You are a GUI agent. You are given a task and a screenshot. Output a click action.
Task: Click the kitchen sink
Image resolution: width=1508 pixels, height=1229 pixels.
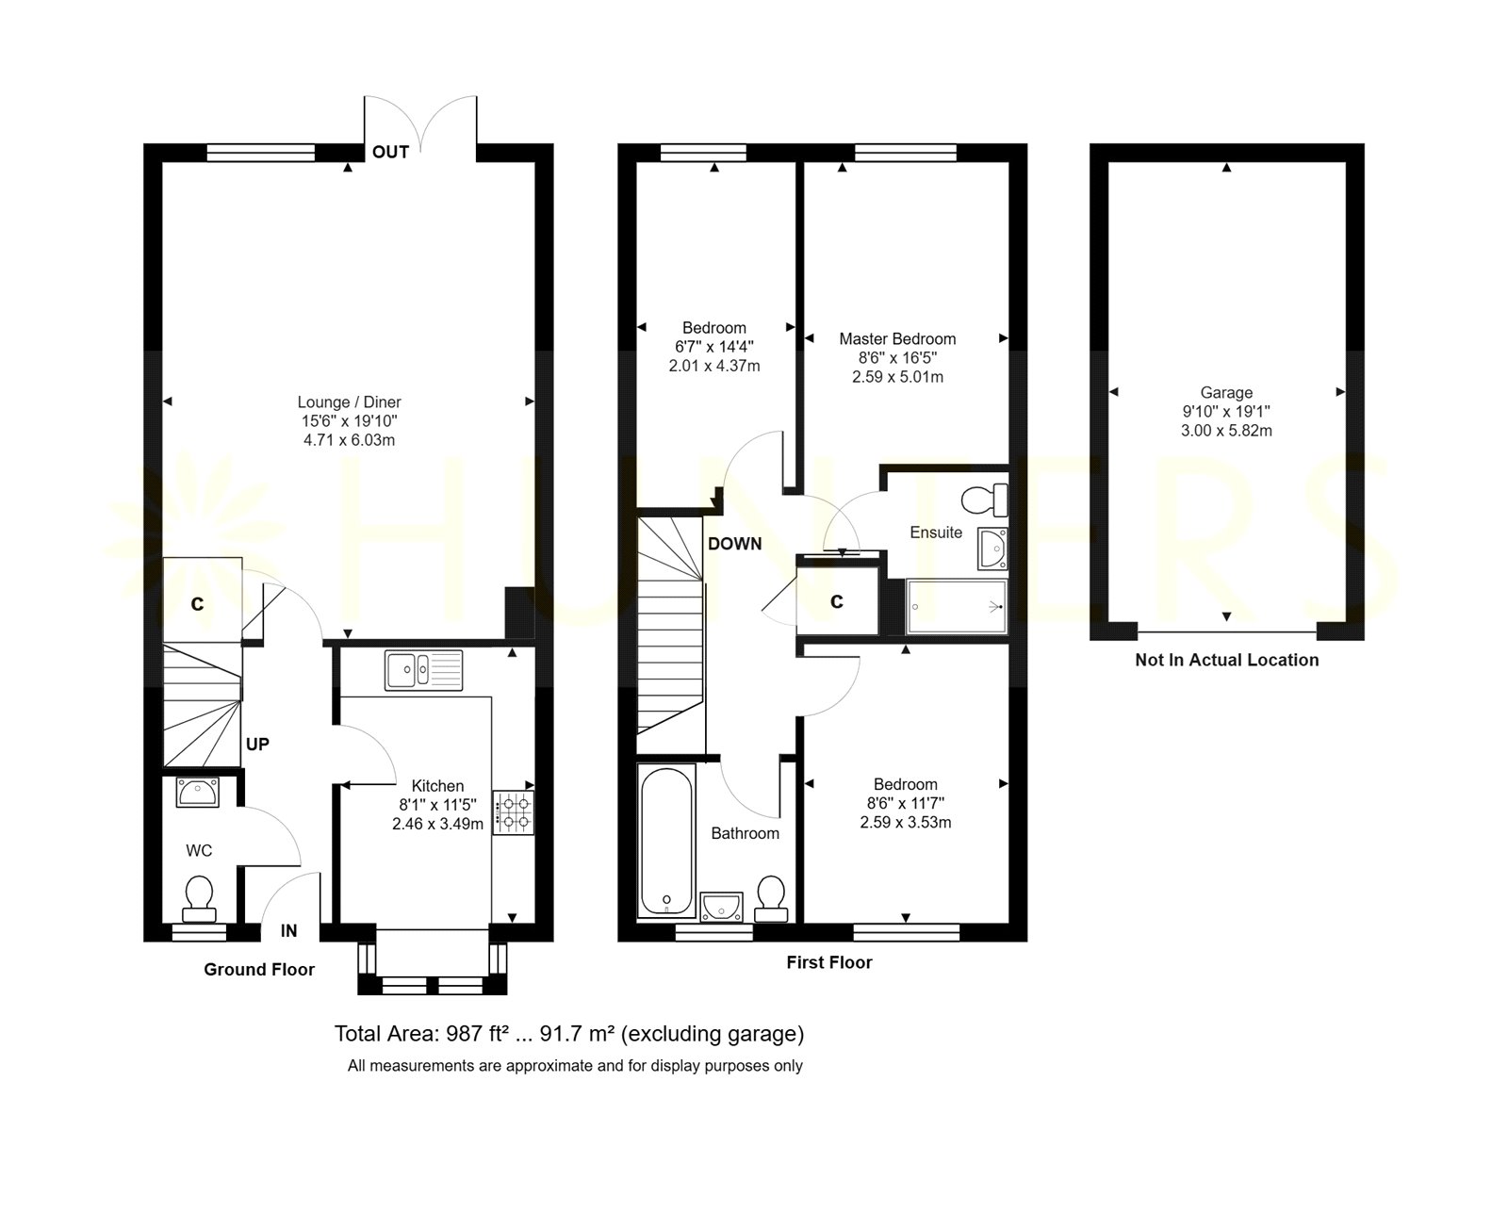pos(423,670)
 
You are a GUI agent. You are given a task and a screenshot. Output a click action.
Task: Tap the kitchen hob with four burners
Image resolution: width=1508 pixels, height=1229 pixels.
pos(514,812)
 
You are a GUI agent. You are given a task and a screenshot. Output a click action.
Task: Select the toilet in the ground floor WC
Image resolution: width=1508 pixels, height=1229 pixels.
pos(199,899)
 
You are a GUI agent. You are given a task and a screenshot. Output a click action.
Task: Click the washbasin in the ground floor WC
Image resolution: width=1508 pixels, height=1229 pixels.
pos(198,793)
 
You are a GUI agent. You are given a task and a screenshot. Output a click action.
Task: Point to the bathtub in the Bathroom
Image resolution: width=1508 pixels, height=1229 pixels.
pos(665,841)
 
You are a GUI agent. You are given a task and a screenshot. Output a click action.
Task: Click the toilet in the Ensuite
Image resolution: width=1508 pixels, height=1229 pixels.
pos(985,500)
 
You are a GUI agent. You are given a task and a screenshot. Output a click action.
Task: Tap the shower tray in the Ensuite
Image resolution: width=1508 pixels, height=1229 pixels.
pos(957,607)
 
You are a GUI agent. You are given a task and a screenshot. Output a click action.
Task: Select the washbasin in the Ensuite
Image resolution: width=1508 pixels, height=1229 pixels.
pos(992,548)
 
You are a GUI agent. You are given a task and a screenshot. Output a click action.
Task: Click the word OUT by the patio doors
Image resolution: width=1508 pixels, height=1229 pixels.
pos(390,152)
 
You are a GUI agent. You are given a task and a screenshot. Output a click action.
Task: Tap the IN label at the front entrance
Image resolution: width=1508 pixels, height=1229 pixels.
pos(288,931)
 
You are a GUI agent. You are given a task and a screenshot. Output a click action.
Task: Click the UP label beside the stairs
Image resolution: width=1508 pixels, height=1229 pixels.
pos(257,744)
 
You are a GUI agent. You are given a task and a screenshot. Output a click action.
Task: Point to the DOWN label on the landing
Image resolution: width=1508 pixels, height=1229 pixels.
pos(735,544)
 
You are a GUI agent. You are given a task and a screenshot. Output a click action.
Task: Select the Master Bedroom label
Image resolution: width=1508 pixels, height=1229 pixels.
pos(897,339)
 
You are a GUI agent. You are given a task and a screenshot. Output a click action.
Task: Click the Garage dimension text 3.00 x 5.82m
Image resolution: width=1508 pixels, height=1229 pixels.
pos(1226,431)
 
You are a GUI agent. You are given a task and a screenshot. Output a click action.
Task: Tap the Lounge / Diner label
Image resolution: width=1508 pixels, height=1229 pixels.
pos(349,402)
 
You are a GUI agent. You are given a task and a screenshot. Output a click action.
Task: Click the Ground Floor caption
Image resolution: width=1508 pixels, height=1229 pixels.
pos(259,969)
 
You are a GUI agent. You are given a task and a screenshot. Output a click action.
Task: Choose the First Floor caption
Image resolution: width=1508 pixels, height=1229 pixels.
pos(829,962)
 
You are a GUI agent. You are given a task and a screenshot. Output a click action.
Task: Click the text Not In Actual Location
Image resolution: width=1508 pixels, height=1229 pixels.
pos(1227,660)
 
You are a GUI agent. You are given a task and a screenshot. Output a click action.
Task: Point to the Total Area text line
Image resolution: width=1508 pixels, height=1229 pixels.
pos(569,1034)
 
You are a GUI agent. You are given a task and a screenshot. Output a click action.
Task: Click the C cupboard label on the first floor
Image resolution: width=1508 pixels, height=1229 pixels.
pos(837,601)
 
